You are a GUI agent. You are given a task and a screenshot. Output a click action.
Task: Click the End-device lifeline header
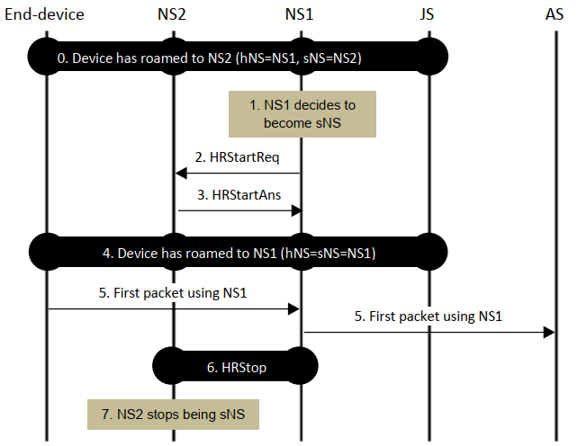[x=44, y=13]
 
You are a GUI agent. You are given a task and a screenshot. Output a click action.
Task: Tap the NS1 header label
[x=301, y=13]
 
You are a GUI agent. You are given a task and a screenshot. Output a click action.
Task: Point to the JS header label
[x=429, y=13]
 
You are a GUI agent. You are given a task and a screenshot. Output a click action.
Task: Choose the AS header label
[x=556, y=13]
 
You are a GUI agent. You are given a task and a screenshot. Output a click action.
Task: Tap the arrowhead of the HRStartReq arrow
[x=180, y=172]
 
